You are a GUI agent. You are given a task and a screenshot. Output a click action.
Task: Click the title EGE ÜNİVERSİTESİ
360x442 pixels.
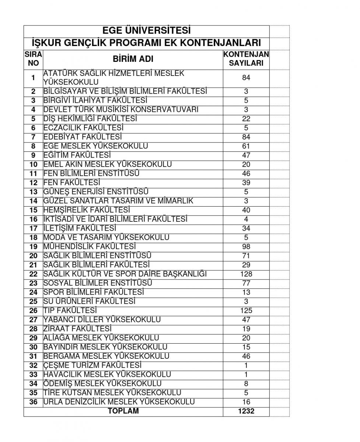(146, 31)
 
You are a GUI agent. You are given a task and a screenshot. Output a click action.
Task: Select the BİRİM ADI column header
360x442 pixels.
(133, 59)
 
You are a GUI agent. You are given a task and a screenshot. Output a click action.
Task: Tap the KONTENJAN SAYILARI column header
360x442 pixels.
(246, 59)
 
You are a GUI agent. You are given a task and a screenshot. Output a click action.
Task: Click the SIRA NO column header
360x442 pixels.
(33, 59)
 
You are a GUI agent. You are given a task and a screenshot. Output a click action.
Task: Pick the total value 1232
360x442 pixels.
(246, 411)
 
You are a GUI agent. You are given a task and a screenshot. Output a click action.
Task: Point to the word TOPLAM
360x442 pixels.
(123, 411)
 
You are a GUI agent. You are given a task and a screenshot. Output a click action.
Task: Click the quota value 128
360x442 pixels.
(246, 274)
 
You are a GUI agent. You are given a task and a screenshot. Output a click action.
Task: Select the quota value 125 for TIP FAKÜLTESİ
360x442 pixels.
(246, 311)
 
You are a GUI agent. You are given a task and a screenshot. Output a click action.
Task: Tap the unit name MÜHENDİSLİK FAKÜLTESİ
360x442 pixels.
(90, 246)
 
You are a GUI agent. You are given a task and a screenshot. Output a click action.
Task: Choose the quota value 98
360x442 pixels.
(246, 247)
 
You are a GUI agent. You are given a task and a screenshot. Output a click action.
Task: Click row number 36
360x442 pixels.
(34, 402)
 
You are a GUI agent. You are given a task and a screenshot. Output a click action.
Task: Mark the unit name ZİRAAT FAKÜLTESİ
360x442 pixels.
(77, 329)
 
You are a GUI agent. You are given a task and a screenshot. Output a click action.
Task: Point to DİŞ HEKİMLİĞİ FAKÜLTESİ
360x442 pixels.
(90, 119)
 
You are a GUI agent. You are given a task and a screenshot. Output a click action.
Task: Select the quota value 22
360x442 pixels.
(246, 119)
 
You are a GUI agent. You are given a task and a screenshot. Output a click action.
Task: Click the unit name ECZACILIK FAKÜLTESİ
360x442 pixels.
(83, 128)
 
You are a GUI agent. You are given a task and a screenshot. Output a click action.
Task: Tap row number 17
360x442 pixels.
(34, 228)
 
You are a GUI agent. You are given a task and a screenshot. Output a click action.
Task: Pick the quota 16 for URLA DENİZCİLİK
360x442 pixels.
(246, 402)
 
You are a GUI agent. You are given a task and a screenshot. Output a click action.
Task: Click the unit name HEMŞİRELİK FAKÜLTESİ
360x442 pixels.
(87, 210)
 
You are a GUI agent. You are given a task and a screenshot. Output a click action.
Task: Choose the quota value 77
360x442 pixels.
(246, 283)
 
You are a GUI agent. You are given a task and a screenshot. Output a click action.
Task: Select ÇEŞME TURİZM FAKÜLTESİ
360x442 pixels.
(92, 365)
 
